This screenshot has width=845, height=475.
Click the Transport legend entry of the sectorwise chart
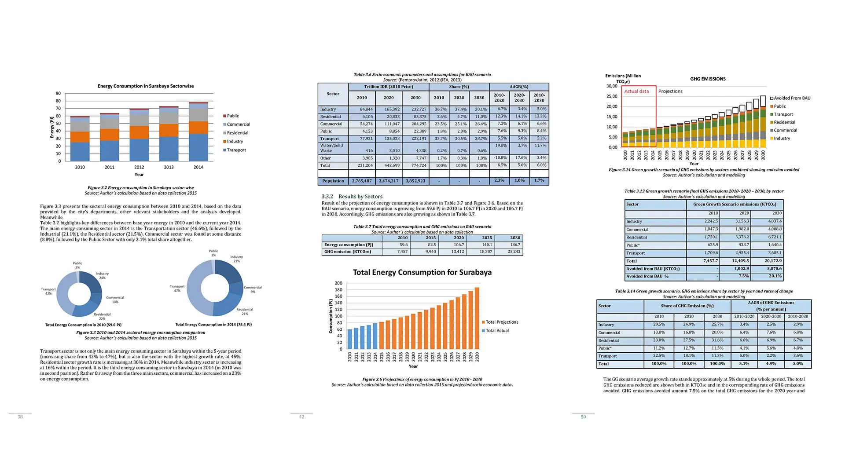236,150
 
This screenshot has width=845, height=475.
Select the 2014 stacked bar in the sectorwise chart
198,132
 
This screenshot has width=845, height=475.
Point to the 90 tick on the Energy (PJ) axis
58,94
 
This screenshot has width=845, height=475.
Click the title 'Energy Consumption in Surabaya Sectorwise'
146,86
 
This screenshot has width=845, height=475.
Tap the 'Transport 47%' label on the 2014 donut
177,289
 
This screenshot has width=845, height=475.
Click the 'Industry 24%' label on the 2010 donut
102,276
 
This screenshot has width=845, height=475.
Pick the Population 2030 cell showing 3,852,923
415,181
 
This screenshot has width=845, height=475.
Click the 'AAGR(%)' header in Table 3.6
519,87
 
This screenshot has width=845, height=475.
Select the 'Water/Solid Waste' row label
331,148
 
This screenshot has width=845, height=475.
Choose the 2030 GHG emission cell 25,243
514,252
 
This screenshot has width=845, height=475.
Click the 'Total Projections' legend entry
501,322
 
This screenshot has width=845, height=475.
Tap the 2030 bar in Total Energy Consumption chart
477,318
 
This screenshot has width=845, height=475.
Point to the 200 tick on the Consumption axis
338,283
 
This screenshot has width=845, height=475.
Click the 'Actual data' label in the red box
636,91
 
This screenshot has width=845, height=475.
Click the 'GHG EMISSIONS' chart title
708,79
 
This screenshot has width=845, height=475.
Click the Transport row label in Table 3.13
636,253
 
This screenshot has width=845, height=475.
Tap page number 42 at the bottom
301,417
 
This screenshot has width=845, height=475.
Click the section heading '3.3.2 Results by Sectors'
352,197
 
